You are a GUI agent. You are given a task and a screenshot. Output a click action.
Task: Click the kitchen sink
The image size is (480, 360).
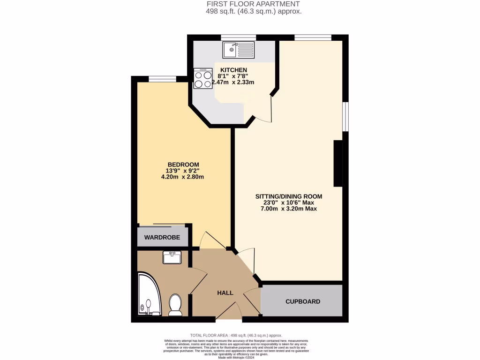(238, 49)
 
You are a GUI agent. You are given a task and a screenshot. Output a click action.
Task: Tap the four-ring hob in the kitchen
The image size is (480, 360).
(203, 79)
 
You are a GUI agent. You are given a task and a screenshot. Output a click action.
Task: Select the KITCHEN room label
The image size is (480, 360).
(233, 70)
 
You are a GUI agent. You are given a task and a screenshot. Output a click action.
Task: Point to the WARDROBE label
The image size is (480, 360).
(162, 238)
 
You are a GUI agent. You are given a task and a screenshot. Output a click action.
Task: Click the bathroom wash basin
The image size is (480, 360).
(172, 257)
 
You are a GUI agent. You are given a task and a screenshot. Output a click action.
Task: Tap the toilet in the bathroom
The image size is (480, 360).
(175, 304)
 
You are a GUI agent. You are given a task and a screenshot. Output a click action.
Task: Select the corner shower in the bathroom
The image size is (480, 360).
(149, 295)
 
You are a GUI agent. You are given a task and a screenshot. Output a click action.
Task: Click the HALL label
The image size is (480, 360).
(225, 292)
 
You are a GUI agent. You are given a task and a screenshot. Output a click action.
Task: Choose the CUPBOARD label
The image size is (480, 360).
(303, 301)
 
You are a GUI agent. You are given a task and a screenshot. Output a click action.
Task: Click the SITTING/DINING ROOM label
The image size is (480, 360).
(288, 196)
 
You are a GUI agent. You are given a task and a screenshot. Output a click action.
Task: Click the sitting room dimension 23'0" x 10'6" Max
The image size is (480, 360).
(288, 202)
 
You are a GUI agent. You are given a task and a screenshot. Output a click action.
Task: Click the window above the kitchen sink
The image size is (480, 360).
(238, 37)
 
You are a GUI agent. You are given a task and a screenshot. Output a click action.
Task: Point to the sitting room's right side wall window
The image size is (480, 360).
(345, 116)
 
